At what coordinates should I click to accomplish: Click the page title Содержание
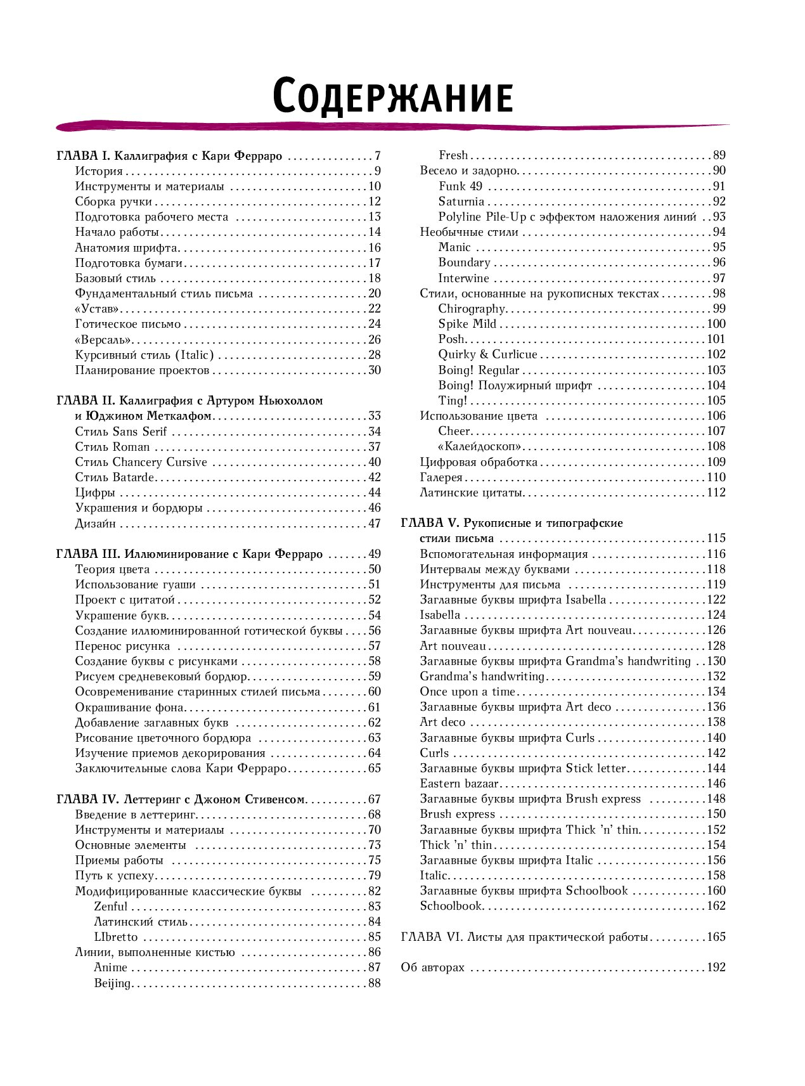pyautogui.click(x=392, y=96)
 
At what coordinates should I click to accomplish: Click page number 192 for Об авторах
pyautogui.click(x=716, y=967)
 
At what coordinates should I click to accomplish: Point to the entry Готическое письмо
pyautogui.click(x=127, y=324)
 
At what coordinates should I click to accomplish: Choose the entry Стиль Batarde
pyautogui.click(x=114, y=477)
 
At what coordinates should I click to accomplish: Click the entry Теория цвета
pyautogui.click(x=112, y=569)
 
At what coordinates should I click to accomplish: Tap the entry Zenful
pyautogui.click(x=110, y=907)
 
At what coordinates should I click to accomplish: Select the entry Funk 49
pyautogui.click(x=460, y=186)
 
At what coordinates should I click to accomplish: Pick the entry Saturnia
pyautogui.click(x=461, y=202)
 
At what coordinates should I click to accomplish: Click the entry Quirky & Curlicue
pyautogui.click(x=487, y=354)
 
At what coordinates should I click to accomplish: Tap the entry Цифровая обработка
pyautogui.click(x=479, y=462)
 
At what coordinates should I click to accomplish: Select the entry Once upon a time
pyautogui.click(x=467, y=692)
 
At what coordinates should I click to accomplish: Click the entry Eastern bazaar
pyautogui.click(x=459, y=784)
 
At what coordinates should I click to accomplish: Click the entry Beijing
pyautogui.click(x=112, y=983)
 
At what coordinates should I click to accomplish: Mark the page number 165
pyautogui.click(x=716, y=937)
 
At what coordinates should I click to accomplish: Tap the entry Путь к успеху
pyautogui.click(x=114, y=876)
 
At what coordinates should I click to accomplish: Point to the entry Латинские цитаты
pyautogui.click(x=471, y=493)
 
